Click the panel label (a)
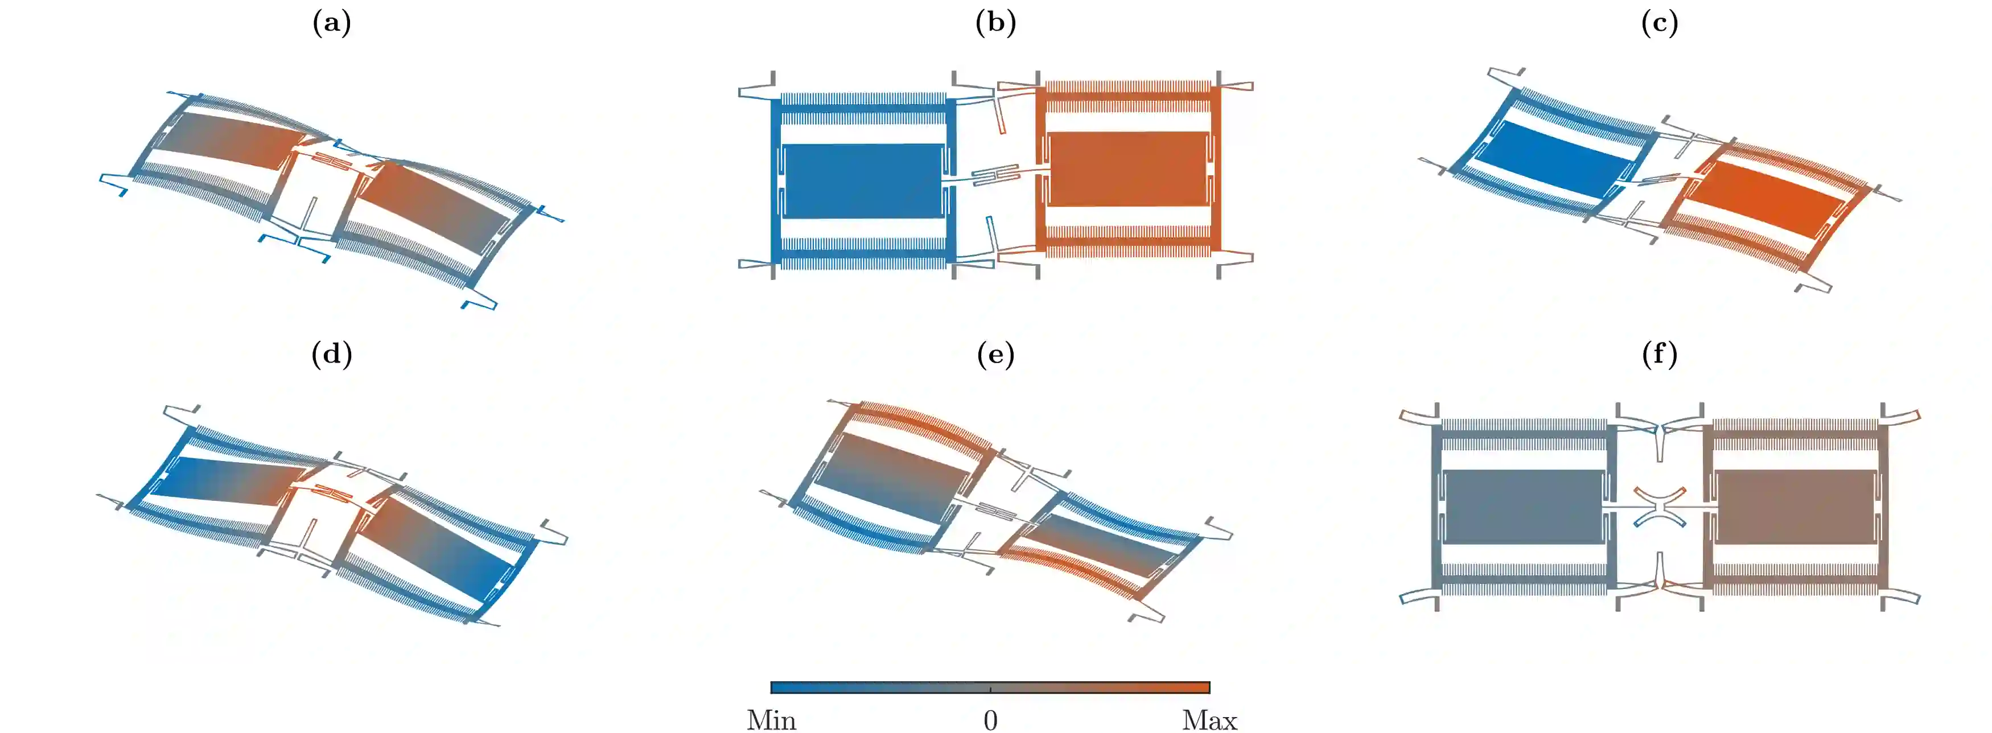point(332,23)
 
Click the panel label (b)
point(995,23)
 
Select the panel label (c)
point(1660,23)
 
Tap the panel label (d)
point(332,354)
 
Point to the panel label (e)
point(995,354)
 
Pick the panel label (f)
point(1660,354)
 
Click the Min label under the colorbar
point(771,719)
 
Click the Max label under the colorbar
point(1209,719)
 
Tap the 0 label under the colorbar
point(990,719)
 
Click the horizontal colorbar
point(990,686)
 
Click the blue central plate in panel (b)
point(862,181)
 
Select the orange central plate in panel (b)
point(1127,168)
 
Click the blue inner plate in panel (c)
point(1554,159)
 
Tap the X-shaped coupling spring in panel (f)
point(1660,507)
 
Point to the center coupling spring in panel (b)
point(995,175)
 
